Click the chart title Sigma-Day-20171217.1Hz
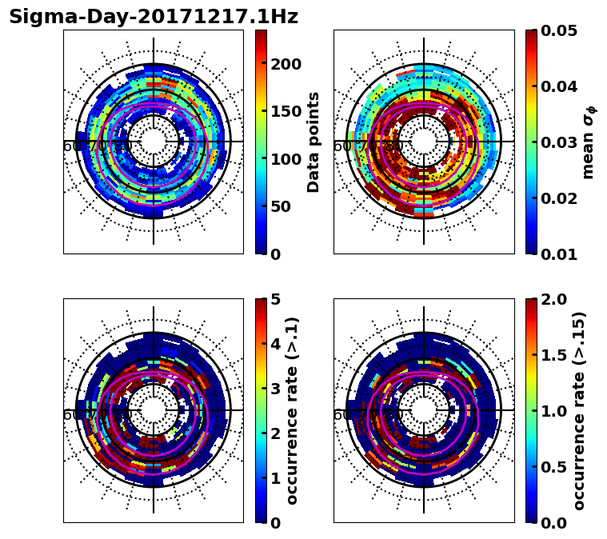(x=154, y=17)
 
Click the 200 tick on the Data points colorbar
(x=286, y=64)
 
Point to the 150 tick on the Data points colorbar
(x=286, y=111)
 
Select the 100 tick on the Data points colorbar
(x=286, y=159)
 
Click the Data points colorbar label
(x=313, y=142)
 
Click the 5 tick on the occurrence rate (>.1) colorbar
(x=276, y=299)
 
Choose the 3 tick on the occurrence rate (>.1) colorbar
(x=276, y=389)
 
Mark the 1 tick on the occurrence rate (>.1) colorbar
(x=276, y=478)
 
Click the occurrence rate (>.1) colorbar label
(x=293, y=411)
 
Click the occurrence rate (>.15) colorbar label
(x=579, y=411)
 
